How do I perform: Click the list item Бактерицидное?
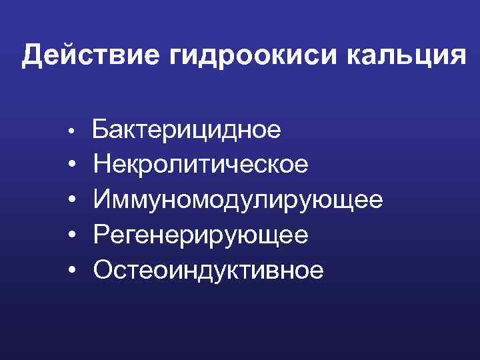(x=186, y=129)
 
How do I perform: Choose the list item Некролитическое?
(x=201, y=165)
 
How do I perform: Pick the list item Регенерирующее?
(x=201, y=235)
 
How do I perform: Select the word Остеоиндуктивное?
(x=209, y=269)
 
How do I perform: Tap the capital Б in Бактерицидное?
(x=100, y=129)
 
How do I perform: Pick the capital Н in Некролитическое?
(x=103, y=165)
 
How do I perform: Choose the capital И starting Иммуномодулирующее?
(x=103, y=199)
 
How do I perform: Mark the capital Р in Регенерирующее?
(x=102, y=235)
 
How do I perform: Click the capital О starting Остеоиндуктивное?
(x=104, y=269)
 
